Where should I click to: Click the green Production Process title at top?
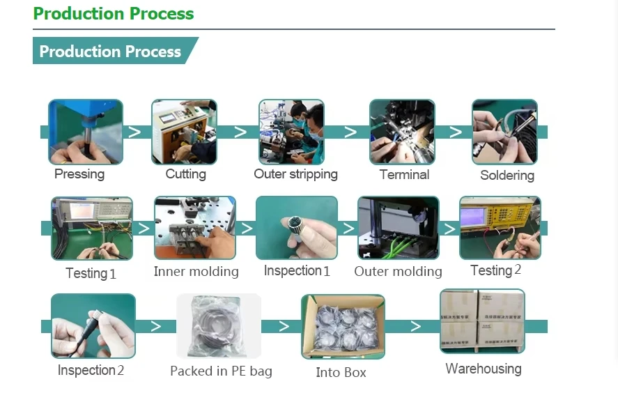point(114,14)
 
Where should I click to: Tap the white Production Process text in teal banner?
point(110,52)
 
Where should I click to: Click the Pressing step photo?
point(86,132)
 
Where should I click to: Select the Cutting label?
point(185,174)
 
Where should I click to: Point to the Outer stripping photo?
point(292,132)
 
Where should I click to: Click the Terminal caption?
point(404,174)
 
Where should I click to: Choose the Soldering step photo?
point(504,132)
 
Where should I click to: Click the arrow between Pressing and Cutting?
point(134,132)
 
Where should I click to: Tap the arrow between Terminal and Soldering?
point(456,132)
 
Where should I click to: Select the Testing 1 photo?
point(92,229)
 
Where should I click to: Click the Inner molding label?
point(196,271)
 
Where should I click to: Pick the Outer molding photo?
point(398,228)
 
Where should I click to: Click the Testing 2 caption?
point(496,270)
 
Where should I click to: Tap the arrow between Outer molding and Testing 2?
point(449,229)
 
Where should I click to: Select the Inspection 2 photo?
point(93,325)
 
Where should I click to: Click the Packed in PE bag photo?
point(219,325)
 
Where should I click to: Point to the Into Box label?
point(341,372)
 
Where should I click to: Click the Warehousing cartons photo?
point(482,321)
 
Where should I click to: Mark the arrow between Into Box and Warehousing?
point(415,326)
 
